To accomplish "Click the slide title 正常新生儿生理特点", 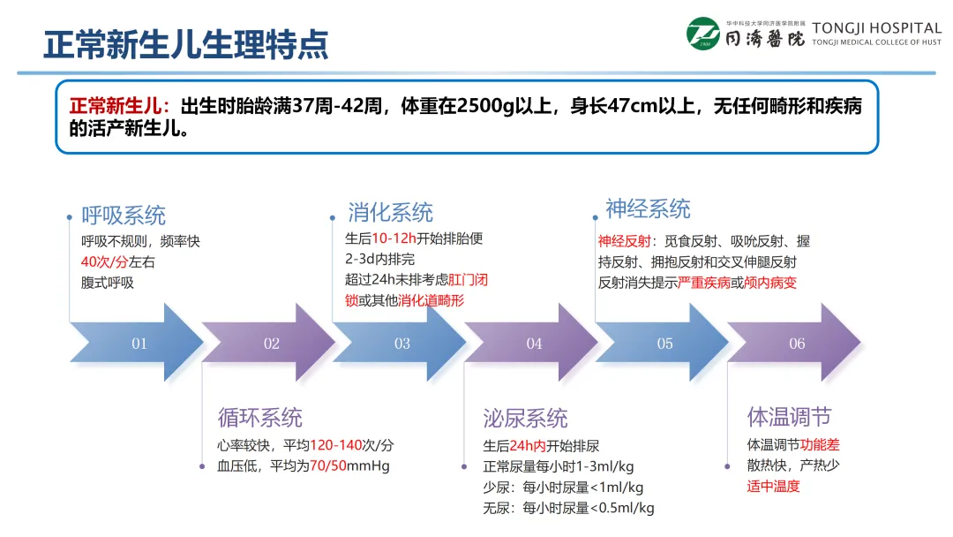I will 186,42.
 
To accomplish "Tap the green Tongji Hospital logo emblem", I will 703,34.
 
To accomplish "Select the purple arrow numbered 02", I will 270,343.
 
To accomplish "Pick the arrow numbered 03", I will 401,343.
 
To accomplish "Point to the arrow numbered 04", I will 533,343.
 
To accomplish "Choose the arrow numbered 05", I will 664,343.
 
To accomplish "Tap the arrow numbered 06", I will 796,343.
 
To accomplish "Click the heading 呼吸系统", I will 124,215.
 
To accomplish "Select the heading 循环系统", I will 260,417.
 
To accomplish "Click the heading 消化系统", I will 390,213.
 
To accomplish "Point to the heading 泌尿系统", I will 525,418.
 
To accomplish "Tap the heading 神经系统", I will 648,209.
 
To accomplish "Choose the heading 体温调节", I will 789,416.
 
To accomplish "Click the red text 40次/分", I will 105,261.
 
